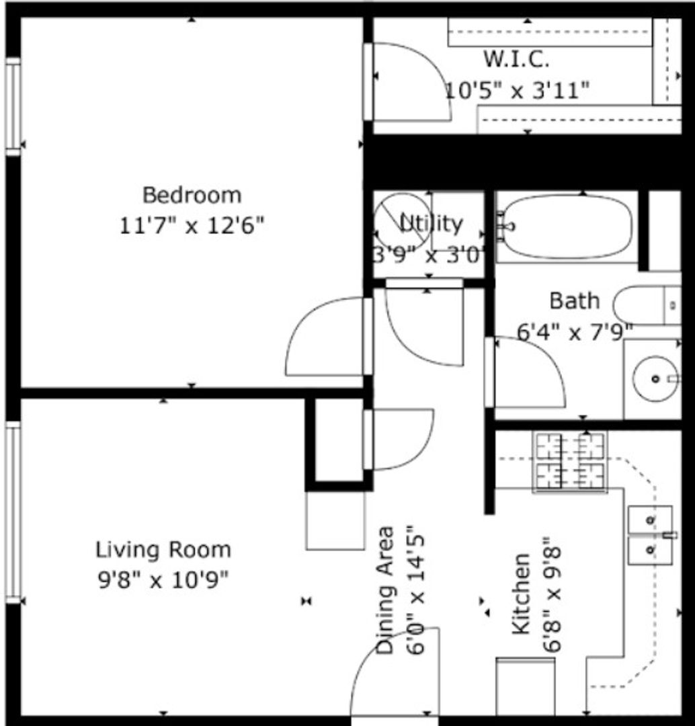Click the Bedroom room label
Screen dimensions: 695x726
(192, 195)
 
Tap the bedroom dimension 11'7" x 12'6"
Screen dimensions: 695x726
(192, 225)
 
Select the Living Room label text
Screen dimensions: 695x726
(163, 550)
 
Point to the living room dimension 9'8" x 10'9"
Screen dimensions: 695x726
(163, 579)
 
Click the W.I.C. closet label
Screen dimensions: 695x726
(517, 59)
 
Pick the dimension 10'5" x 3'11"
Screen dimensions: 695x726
(517, 90)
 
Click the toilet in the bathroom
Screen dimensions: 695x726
(647, 305)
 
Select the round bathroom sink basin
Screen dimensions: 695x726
(655, 378)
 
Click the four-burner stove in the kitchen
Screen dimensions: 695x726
(570, 461)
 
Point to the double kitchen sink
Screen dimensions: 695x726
(650, 535)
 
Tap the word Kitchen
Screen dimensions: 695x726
(521, 594)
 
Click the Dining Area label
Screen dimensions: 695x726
(384, 590)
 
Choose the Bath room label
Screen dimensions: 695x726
(575, 301)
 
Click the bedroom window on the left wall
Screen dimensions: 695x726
(13, 106)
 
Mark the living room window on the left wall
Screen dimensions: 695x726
(13, 512)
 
